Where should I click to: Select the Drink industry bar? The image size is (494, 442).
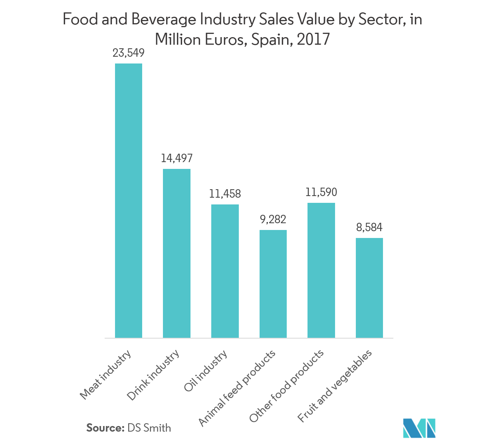tap(177, 253)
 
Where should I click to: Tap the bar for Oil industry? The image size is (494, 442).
tap(225, 271)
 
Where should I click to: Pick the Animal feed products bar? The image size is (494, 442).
tap(273, 284)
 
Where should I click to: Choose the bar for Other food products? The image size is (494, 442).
tap(321, 270)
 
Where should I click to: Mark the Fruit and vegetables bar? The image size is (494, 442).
tap(369, 288)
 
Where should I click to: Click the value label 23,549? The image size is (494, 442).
tap(129, 53)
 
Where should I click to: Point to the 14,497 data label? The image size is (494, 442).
tap(177, 159)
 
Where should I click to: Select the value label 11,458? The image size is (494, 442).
tap(225, 194)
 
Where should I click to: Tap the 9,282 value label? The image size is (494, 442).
tap(273, 220)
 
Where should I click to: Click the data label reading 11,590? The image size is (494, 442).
tap(321, 192)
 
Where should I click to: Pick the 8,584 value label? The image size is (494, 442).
tap(369, 228)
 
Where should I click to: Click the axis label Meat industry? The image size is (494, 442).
tap(105, 375)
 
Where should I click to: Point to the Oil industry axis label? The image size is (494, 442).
tap(206, 371)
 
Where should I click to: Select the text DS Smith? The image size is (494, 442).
tap(149, 428)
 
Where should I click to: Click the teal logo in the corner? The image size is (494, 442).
tap(419, 428)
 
